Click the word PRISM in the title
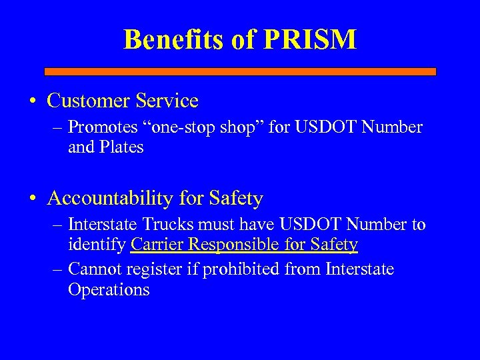coord(311,39)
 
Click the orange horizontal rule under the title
coord(240,71)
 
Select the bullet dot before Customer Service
coord(33,102)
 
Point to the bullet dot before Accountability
coord(33,199)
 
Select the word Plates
coord(121,147)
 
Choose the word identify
coord(97,245)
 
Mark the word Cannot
coord(91,269)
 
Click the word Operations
coord(109,290)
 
